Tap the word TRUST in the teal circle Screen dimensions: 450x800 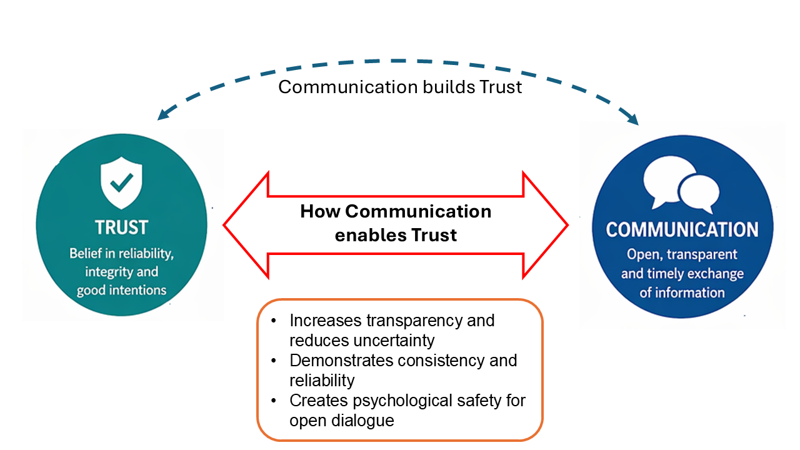coord(121,227)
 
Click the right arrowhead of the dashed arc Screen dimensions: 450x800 coord(634,120)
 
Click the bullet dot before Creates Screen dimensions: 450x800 coord(273,401)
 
